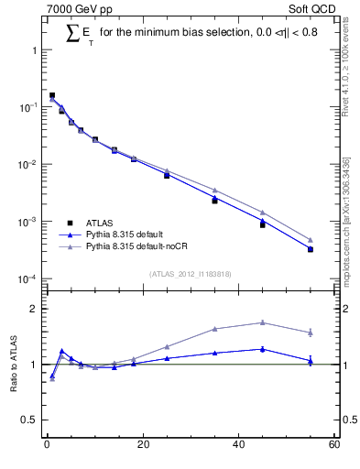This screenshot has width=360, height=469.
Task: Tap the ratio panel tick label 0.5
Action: [x=31, y=420]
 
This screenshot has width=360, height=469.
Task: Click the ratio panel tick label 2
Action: [x=35, y=309]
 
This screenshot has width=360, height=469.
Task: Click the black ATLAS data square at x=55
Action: [x=311, y=249]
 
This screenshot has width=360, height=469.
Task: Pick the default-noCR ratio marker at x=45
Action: [x=263, y=322]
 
